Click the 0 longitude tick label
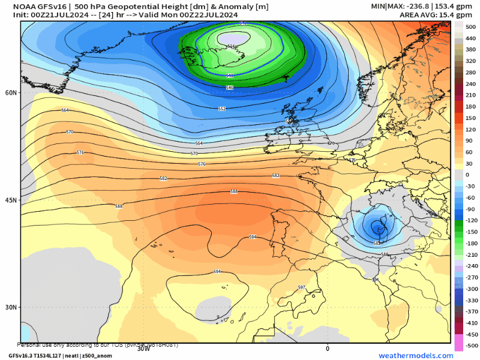pyautogui.click(x=328, y=348)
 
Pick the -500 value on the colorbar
pyautogui.click(x=471, y=346)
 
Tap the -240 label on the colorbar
pyautogui.click(x=471, y=266)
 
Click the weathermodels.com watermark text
pyautogui.click(x=415, y=356)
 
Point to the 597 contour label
pyautogui.click(x=302, y=288)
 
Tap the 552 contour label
pyautogui.click(x=222, y=109)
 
